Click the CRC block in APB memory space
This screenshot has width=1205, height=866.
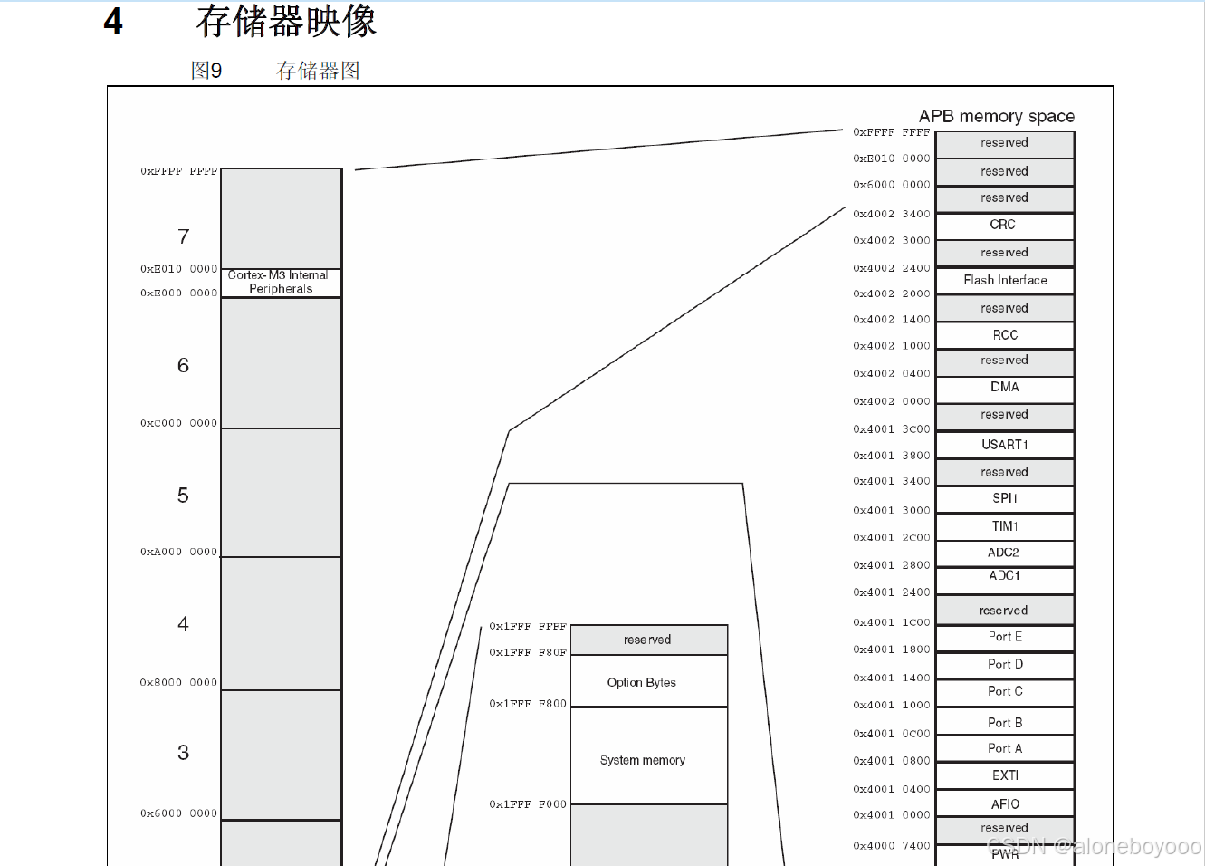click(1003, 225)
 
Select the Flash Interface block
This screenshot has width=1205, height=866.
click(1005, 280)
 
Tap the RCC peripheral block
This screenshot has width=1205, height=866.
click(1005, 335)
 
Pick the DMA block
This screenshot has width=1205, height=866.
click(1005, 388)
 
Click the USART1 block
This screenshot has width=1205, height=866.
click(1005, 445)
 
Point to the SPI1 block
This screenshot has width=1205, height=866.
click(1005, 498)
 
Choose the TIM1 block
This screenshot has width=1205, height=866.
click(1005, 526)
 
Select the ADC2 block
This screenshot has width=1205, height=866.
click(1004, 553)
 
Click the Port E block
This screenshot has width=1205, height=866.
click(1005, 637)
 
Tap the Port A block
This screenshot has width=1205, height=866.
click(1005, 748)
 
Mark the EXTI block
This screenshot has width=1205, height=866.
click(1005, 775)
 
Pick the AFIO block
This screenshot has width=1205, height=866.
click(1005, 804)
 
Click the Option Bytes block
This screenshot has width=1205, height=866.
click(642, 682)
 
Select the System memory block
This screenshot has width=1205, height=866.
click(643, 760)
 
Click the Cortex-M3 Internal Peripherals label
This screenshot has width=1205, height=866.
click(281, 282)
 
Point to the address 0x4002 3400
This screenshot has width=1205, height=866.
click(891, 215)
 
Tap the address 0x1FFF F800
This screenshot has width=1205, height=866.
click(528, 704)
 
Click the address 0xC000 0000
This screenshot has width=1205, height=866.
click(178, 423)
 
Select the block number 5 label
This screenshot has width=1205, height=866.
click(183, 496)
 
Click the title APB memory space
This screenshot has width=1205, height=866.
click(996, 117)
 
